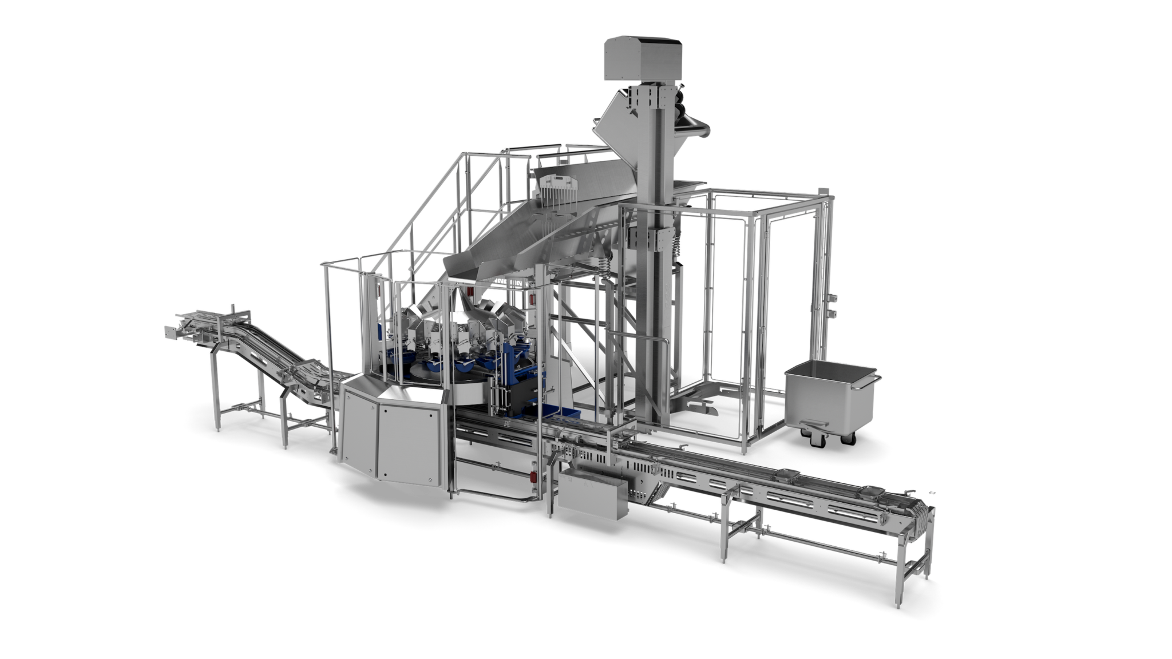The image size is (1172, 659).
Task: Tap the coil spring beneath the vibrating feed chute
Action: (604, 267)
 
